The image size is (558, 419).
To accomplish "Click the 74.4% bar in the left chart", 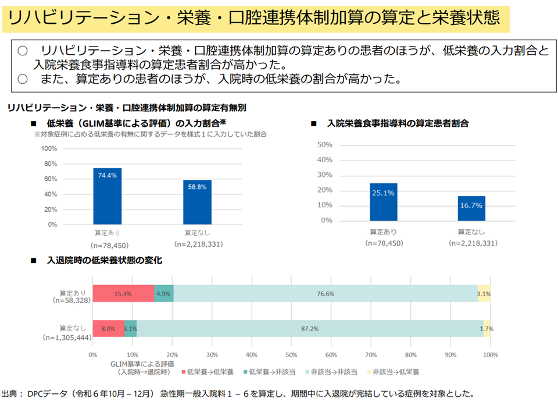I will (x=108, y=196).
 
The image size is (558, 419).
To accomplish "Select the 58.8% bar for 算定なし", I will (x=197, y=202).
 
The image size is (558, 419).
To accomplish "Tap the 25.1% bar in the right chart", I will (x=383, y=202).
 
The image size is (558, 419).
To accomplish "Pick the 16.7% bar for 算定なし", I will (x=471, y=208).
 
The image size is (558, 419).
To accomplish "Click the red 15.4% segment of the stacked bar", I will (x=123, y=294).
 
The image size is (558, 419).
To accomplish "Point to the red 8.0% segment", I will (x=108, y=329).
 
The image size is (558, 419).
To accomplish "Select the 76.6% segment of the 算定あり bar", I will (x=325, y=294).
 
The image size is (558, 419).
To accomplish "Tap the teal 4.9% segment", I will (x=164, y=294).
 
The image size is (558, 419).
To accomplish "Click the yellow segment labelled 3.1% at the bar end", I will (x=484, y=294).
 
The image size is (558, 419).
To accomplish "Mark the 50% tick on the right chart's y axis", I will (x=324, y=144).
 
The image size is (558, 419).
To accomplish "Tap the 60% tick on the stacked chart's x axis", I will (x=331, y=354).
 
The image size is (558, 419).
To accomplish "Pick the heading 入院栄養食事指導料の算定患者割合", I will (x=398, y=124).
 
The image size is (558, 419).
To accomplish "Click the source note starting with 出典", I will (x=238, y=394).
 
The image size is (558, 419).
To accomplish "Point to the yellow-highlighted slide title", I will (x=256, y=19).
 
